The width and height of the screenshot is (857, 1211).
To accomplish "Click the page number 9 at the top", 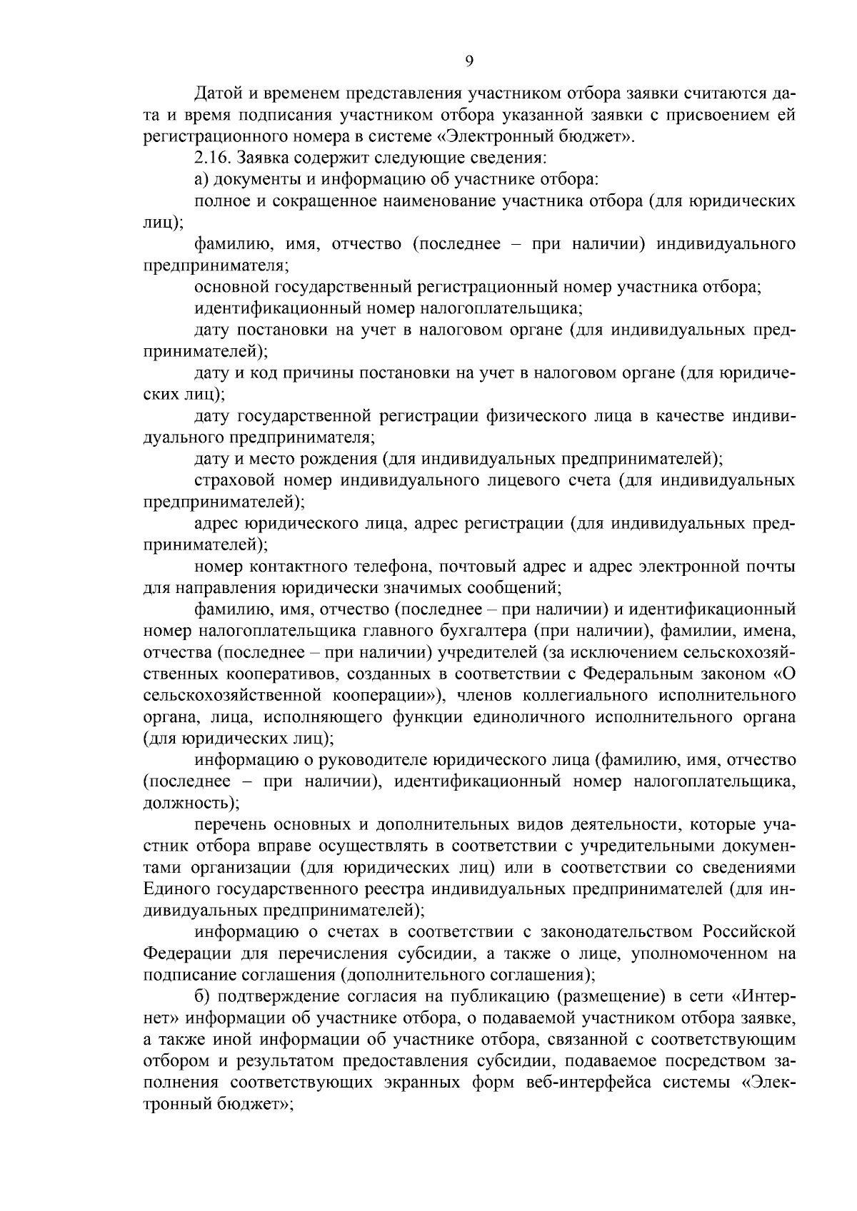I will click(469, 61).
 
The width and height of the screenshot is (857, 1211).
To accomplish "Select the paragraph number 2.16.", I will click(214, 157).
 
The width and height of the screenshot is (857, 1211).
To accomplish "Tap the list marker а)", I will click(201, 178).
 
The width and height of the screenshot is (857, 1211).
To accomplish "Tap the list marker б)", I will click(201, 995).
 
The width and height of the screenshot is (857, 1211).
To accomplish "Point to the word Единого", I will click(174, 888).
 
